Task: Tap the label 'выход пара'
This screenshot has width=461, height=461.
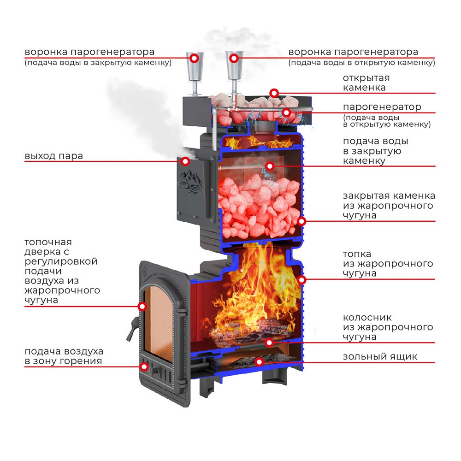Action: pos(54,155)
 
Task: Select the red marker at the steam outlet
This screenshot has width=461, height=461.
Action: pos(185,161)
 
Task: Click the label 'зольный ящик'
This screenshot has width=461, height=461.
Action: pos(380,357)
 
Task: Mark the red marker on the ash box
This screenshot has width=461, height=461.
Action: pos(259,362)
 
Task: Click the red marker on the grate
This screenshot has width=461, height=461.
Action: pos(269,343)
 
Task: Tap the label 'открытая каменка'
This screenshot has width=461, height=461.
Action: pos(366,83)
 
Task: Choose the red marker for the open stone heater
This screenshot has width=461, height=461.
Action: pos(274,93)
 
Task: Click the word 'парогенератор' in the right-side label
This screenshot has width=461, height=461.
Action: pos(382,107)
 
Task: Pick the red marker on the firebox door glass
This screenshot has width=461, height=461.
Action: pos(142,307)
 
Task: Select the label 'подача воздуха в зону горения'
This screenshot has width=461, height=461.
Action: pos(64,356)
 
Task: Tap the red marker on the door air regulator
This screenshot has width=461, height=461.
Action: pos(144,366)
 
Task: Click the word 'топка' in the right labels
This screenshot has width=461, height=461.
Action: pos(357,254)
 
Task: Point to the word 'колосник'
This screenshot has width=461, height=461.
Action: pos(367,318)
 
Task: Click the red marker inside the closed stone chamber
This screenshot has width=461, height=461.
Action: pos(270,166)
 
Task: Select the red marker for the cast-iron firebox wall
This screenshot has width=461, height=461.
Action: pos(301,280)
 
